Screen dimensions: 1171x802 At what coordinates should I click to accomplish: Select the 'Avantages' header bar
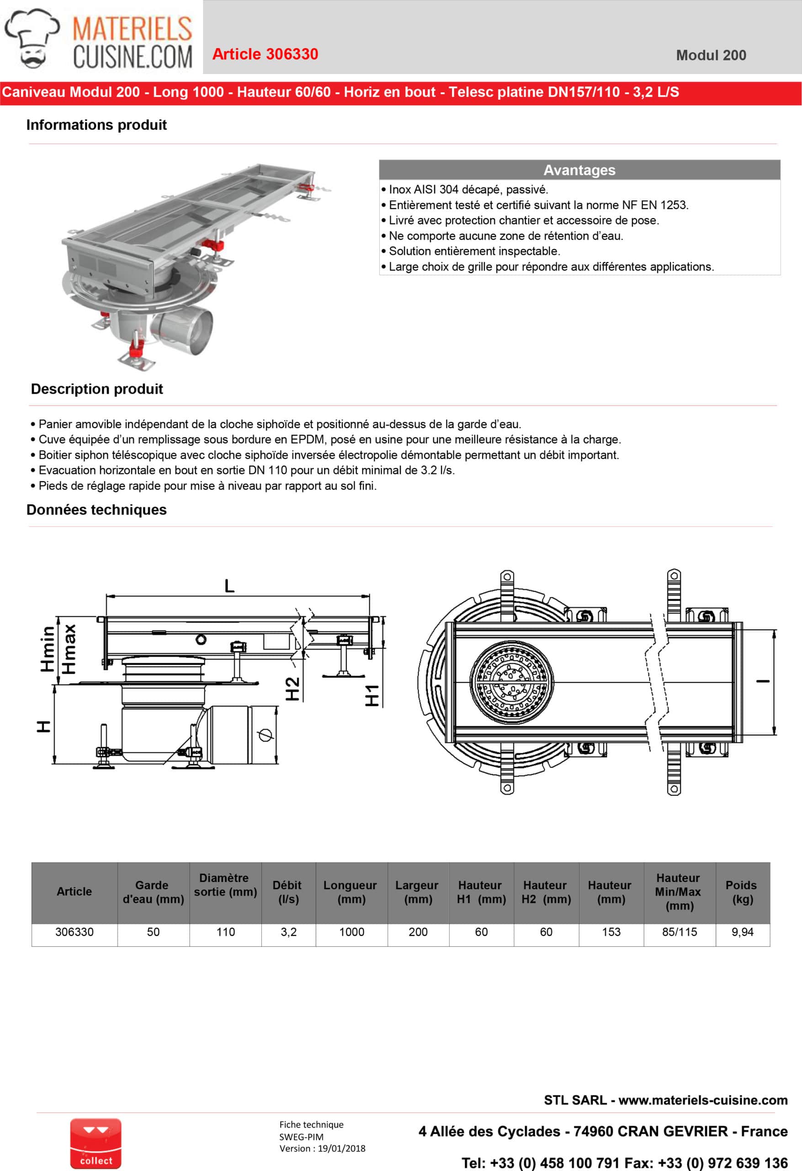tap(579, 170)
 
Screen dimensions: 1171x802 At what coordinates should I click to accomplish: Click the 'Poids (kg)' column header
tap(742, 892)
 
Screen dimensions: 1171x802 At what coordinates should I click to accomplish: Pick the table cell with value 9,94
tap(742, 932)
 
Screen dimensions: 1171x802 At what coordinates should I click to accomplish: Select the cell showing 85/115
tap(679, 932)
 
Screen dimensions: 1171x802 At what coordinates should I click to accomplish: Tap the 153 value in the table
tap(611, 932)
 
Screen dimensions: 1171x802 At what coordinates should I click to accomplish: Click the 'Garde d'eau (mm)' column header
tap(153, 892)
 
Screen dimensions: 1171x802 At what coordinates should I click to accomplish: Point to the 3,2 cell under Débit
tap(288, 932)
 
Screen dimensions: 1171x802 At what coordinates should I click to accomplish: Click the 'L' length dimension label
tap(229, 586)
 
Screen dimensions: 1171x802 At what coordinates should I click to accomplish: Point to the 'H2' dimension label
tap(292, 689)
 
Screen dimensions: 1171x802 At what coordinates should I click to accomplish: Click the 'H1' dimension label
tap(372, 696)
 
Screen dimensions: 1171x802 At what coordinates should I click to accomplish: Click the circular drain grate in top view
tap(511, 683)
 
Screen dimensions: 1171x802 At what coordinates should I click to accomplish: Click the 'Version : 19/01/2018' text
tap(322, 1148)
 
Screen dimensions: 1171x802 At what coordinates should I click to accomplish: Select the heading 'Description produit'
tap(97, 389)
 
